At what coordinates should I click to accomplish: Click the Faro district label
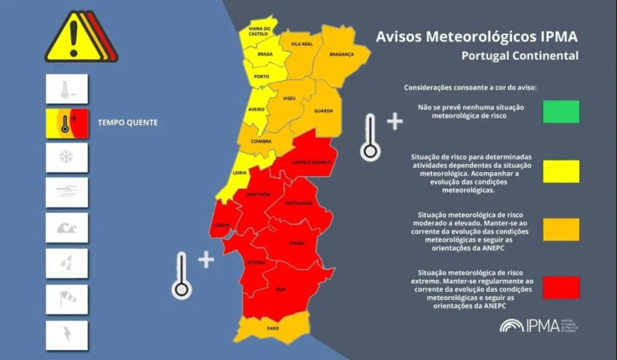[x=273, y=329]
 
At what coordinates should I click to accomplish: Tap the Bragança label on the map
[x=341, y=54]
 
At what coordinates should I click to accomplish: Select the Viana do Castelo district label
[x=259, y=31]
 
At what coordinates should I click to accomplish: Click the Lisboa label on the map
[x=221, y=225]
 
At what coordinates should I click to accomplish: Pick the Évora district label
[x=296, y=243]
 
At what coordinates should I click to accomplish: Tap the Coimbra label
[x=261, y=142]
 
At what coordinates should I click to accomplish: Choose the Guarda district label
[x=324, y=111]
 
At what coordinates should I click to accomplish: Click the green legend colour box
[x=560, y=112]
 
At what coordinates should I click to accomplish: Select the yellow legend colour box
[x=560, y=171]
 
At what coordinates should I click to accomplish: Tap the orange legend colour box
[x=560, y=229]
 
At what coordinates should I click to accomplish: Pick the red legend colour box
[x=560, y=288]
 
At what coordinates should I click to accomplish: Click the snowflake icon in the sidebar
[x=66, y=157]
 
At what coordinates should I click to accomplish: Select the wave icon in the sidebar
[x=66, y=228]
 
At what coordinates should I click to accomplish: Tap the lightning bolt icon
[x=66, y=335]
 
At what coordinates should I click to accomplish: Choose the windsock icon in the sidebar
[x=66, y=298]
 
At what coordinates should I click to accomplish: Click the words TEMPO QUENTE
[x=128, y=122]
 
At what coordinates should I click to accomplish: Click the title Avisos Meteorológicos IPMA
[x=477, y=37]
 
